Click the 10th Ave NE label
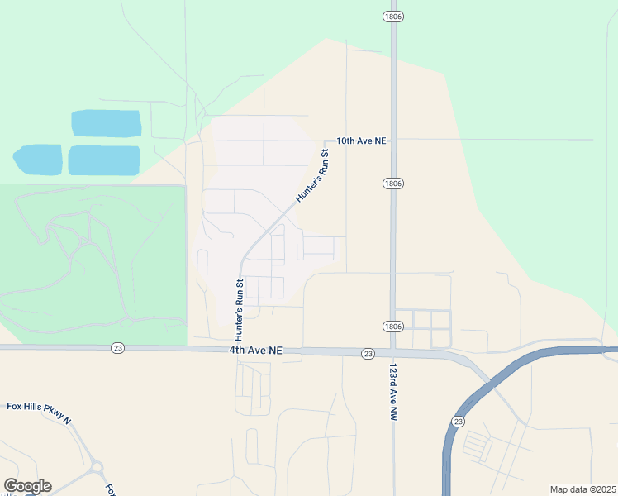(361, 141)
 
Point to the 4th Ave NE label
(256, 351)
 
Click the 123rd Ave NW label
(394, 393)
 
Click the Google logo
(27, 486)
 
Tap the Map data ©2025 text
(582, 489)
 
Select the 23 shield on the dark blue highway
(458, 422)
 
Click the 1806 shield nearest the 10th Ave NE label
(392, 183)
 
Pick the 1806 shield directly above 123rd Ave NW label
(392, 327)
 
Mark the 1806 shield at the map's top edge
(392, 17)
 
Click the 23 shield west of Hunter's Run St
(118, 349)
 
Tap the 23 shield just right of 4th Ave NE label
(368, 353)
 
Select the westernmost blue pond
(38, 160)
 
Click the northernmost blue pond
(106, 123)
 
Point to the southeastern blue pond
(103, 160)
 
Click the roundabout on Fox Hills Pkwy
(97, 468)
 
